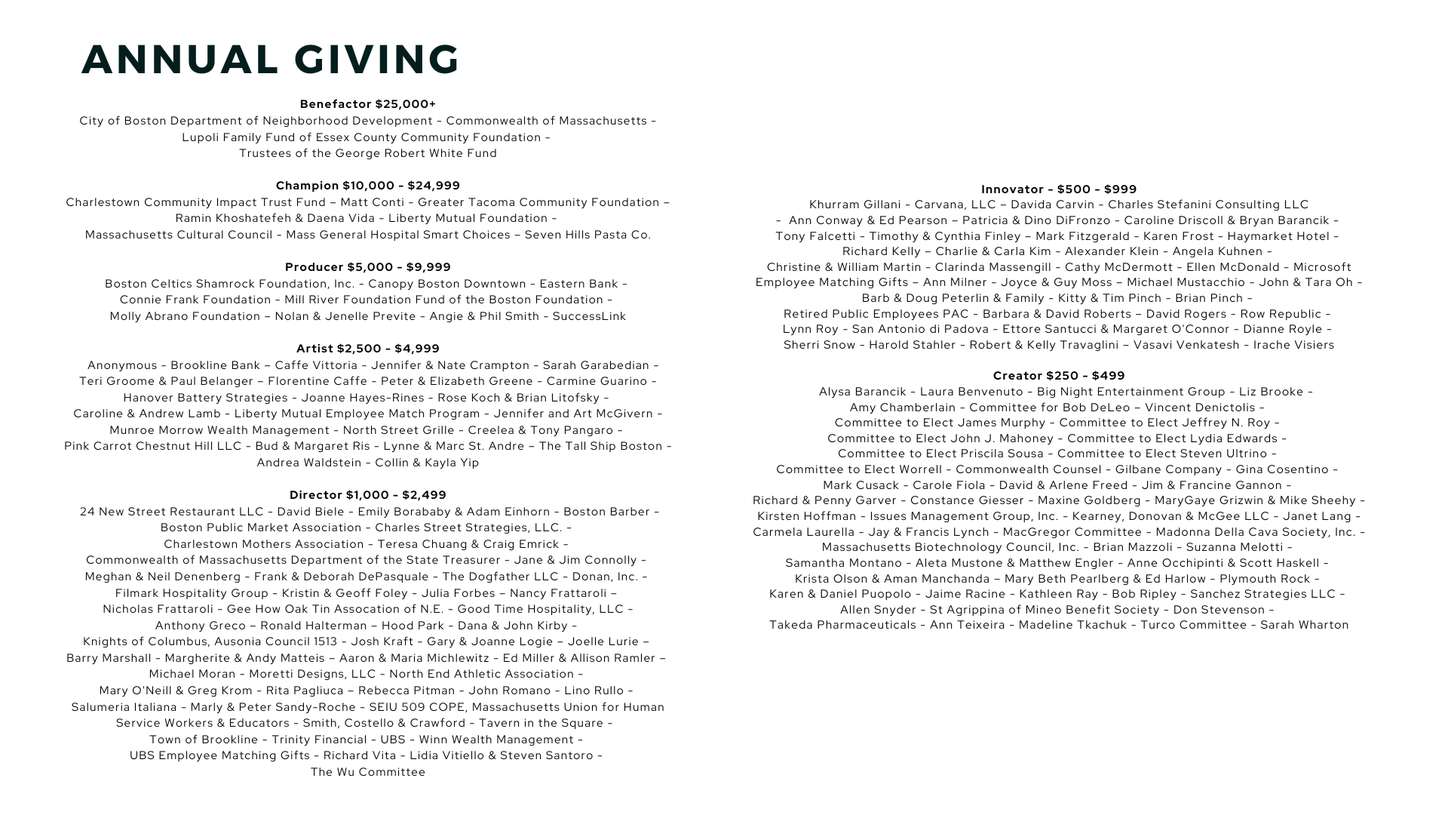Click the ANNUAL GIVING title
(270, 60)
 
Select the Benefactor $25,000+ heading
(368, 104)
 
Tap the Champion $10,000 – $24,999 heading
(368, 186)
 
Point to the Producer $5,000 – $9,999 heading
(368, 267)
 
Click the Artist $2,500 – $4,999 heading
(368, 349)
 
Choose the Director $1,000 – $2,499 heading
(368, 495)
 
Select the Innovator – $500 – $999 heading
(1059, 189)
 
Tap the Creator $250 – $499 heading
(1059, 376)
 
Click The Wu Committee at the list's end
(368, 772)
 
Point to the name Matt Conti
(372, 202)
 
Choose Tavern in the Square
(541, 723)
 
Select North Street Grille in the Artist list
(398, 430)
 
